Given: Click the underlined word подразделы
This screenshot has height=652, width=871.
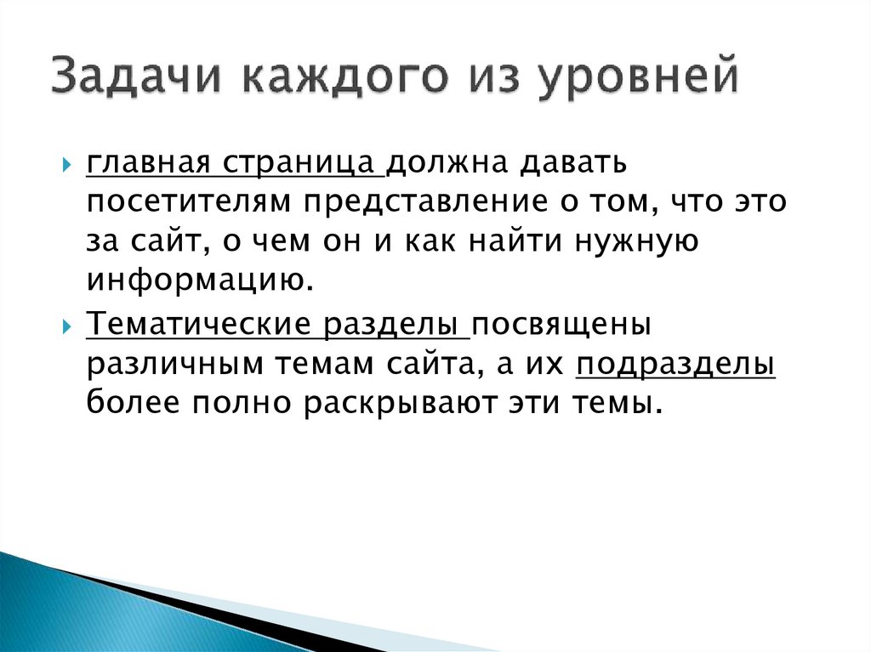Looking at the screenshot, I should (x=675, y=366).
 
